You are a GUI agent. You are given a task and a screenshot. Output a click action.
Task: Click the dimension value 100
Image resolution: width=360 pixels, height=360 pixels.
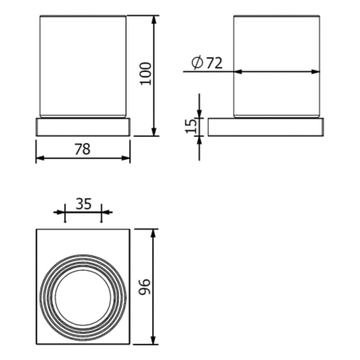[x=146, y=74]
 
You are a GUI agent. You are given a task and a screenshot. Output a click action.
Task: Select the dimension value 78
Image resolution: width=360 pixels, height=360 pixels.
[x=82, y=149]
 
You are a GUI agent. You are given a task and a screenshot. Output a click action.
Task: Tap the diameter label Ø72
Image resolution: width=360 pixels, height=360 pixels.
[x=207, y=63]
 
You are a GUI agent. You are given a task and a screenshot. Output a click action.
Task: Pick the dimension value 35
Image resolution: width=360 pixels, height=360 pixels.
[x=83, y=204]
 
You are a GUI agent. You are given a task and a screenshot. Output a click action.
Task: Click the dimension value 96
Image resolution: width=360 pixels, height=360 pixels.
[x=146, y=287]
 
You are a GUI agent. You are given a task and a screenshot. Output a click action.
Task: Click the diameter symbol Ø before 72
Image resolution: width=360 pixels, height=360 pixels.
[x=197, y=63]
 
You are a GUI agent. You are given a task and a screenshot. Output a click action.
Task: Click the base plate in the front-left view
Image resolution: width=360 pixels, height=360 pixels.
[x=83, y=127]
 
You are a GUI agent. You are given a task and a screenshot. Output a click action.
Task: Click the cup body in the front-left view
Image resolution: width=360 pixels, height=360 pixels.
[x=83, y=64]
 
